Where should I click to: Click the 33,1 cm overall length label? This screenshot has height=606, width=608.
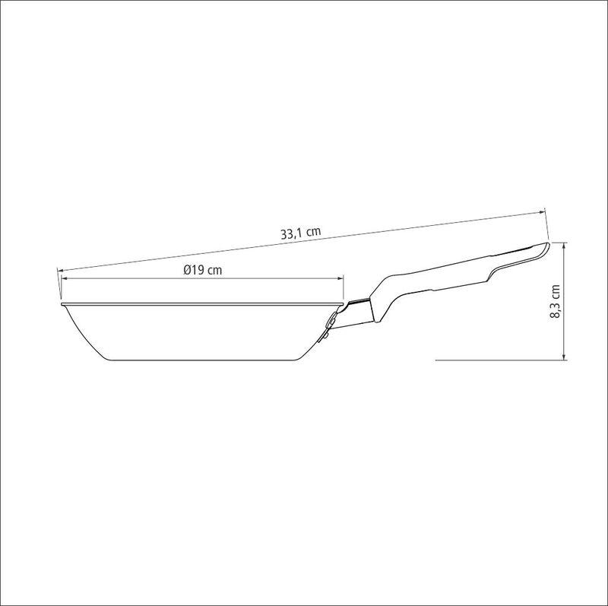click(x=299, y=234)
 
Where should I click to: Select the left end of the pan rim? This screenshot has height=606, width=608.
click(x=62, y=306)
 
